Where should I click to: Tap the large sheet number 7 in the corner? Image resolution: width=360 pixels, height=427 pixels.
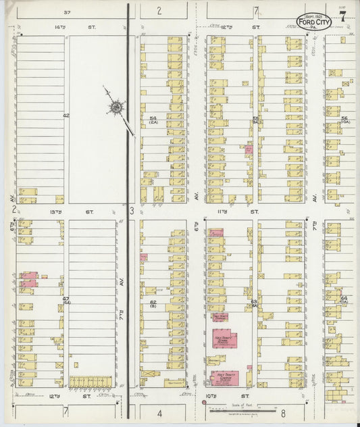pyautogui.click(x=343, y=16)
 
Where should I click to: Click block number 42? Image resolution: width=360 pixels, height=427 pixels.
pyautogui.click(x=66, y=116)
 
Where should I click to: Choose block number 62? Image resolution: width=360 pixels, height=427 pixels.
pyautogui.click(x=153, y=303)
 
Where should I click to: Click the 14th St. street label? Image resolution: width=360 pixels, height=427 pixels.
pyautogui.click(x=41, y=28)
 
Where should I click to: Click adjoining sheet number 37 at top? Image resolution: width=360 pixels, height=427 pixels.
pyautogui.click(x=66, y=12)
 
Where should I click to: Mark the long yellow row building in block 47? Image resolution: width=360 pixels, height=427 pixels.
pyautogui.click(x=90, y=382)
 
